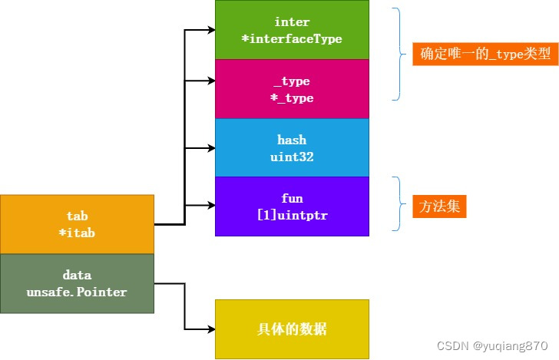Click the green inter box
(292, 30)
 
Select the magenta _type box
(292, 89)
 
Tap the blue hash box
(292, 147)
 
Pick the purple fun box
(292, 206)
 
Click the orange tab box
(77, 224)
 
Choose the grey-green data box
(77, 283)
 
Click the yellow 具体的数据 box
(292, 329)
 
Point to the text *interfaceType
(292, 38)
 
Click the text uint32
(292, 157)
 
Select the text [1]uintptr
(292, 216)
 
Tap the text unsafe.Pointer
(77, 292)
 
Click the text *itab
(77, 233)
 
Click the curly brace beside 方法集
(398, 203)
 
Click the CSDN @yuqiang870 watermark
(492, 346)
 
